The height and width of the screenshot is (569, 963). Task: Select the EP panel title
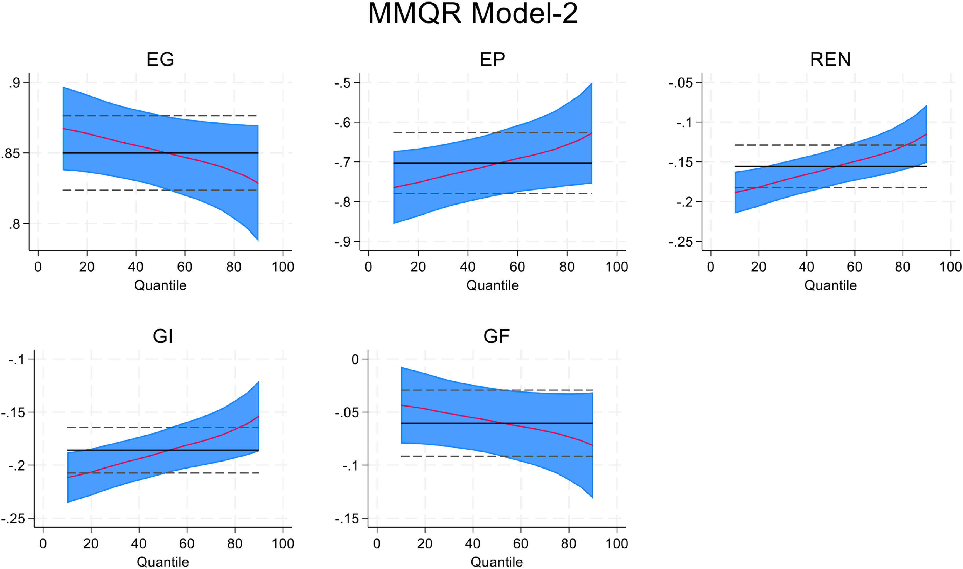492,60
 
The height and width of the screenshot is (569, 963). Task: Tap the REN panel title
830,60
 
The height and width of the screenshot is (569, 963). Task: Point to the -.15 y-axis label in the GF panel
346,519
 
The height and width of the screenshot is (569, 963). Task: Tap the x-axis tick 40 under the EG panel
136,267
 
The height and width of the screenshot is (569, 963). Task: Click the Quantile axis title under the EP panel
492,285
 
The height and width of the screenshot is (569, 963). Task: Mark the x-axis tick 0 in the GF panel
377,544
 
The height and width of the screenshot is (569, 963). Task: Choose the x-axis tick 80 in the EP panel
567,267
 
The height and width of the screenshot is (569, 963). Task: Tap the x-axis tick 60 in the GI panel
187,544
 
